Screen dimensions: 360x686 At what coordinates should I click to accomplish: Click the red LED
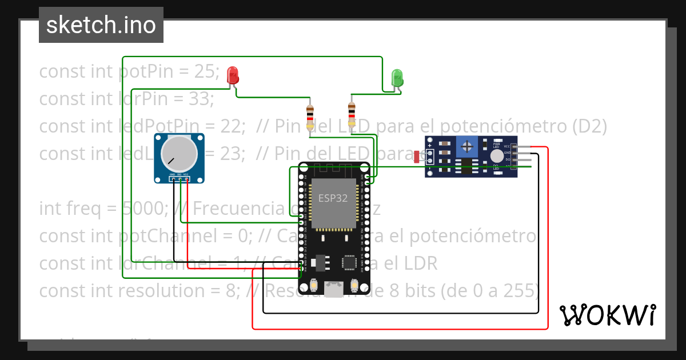[x=233, y=75]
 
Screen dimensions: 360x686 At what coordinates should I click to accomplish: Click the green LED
[x=397, y=78]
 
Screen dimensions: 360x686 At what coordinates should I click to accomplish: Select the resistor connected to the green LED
[x=352, y=115]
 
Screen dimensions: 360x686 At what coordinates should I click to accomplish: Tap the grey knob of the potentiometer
[x=178, y=153]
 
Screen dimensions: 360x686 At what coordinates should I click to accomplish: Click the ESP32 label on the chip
[x=333, y=199]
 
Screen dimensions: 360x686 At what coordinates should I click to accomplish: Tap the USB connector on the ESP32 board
[x=334, y=289]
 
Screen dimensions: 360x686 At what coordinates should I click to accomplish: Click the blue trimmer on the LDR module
[x=467, y=147]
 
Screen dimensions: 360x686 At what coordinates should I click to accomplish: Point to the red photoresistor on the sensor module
[x=417, y=155]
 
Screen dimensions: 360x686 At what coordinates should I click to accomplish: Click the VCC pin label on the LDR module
[x=506, y=146]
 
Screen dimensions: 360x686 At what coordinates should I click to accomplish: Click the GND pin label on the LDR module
[x=506, y=153]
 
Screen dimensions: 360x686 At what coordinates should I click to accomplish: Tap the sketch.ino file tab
[x=101, y=25]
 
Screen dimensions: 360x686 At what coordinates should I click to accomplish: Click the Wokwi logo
[x=608, y=315]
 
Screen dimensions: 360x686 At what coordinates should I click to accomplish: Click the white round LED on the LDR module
[x=497, y=155]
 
